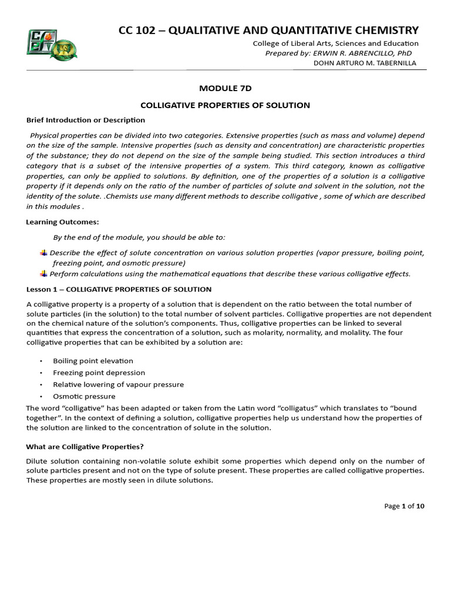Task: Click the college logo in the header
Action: (x=52, y=42)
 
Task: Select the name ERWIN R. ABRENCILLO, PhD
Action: (x=362, y=53)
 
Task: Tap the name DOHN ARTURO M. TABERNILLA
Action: (x=365, y=63)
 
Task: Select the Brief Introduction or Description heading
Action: (x=86, y=120)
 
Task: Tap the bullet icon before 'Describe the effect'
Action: (x=43, y=253)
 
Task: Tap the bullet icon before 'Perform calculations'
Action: (x=43, y=273)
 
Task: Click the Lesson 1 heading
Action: (x=119, y=289)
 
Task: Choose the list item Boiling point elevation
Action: (x=93, y=361)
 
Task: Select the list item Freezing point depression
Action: (x=99, y=373)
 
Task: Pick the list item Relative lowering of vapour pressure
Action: (x=118, y=384)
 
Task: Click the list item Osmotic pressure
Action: (x=84, y=396)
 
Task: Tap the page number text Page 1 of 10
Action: (x=404, y=506)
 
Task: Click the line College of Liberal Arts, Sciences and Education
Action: (x=335, y=43)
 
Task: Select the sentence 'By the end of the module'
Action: (x=139, y=237)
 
